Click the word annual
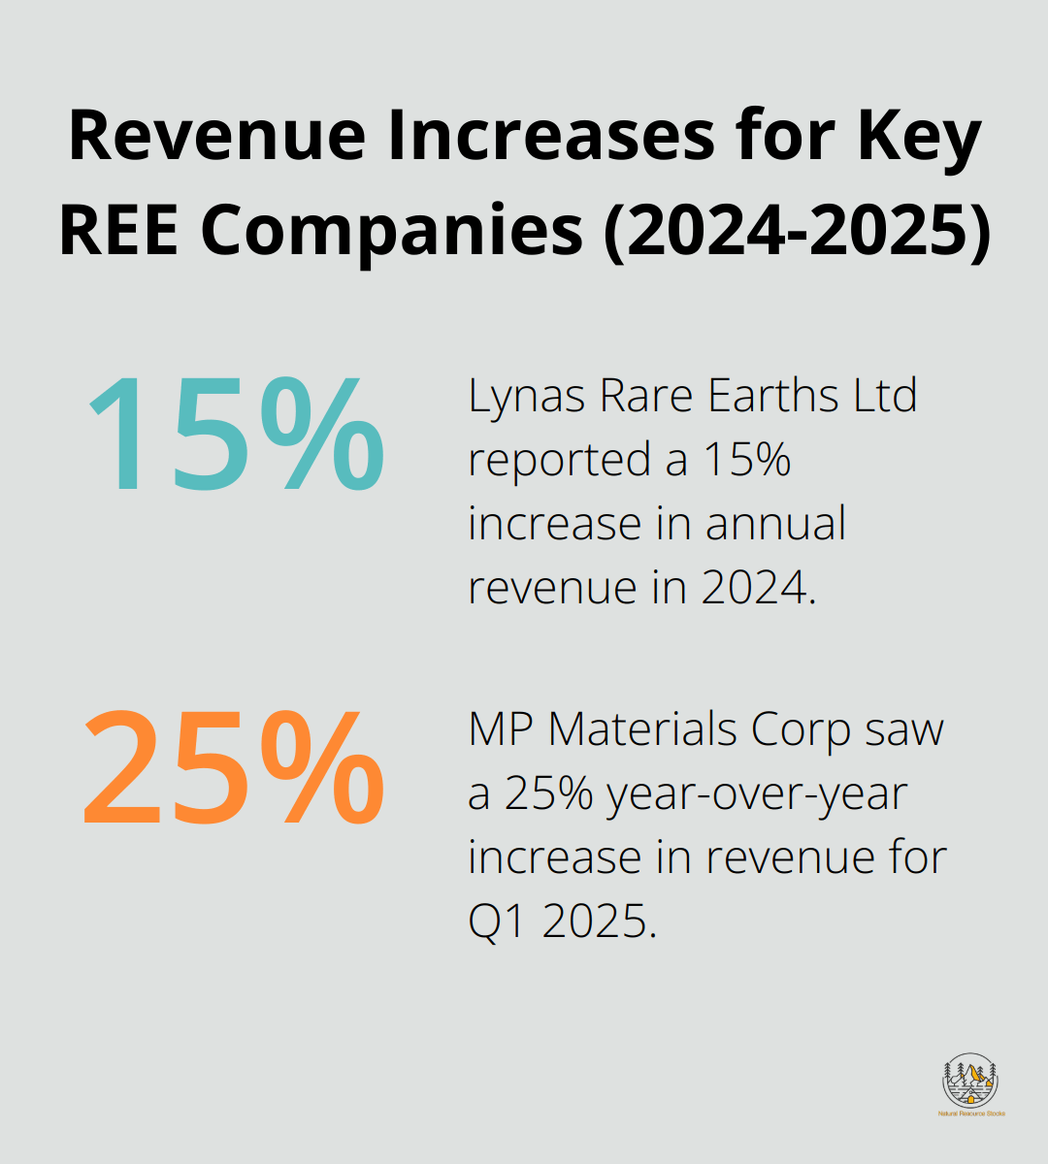(775, 524)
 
